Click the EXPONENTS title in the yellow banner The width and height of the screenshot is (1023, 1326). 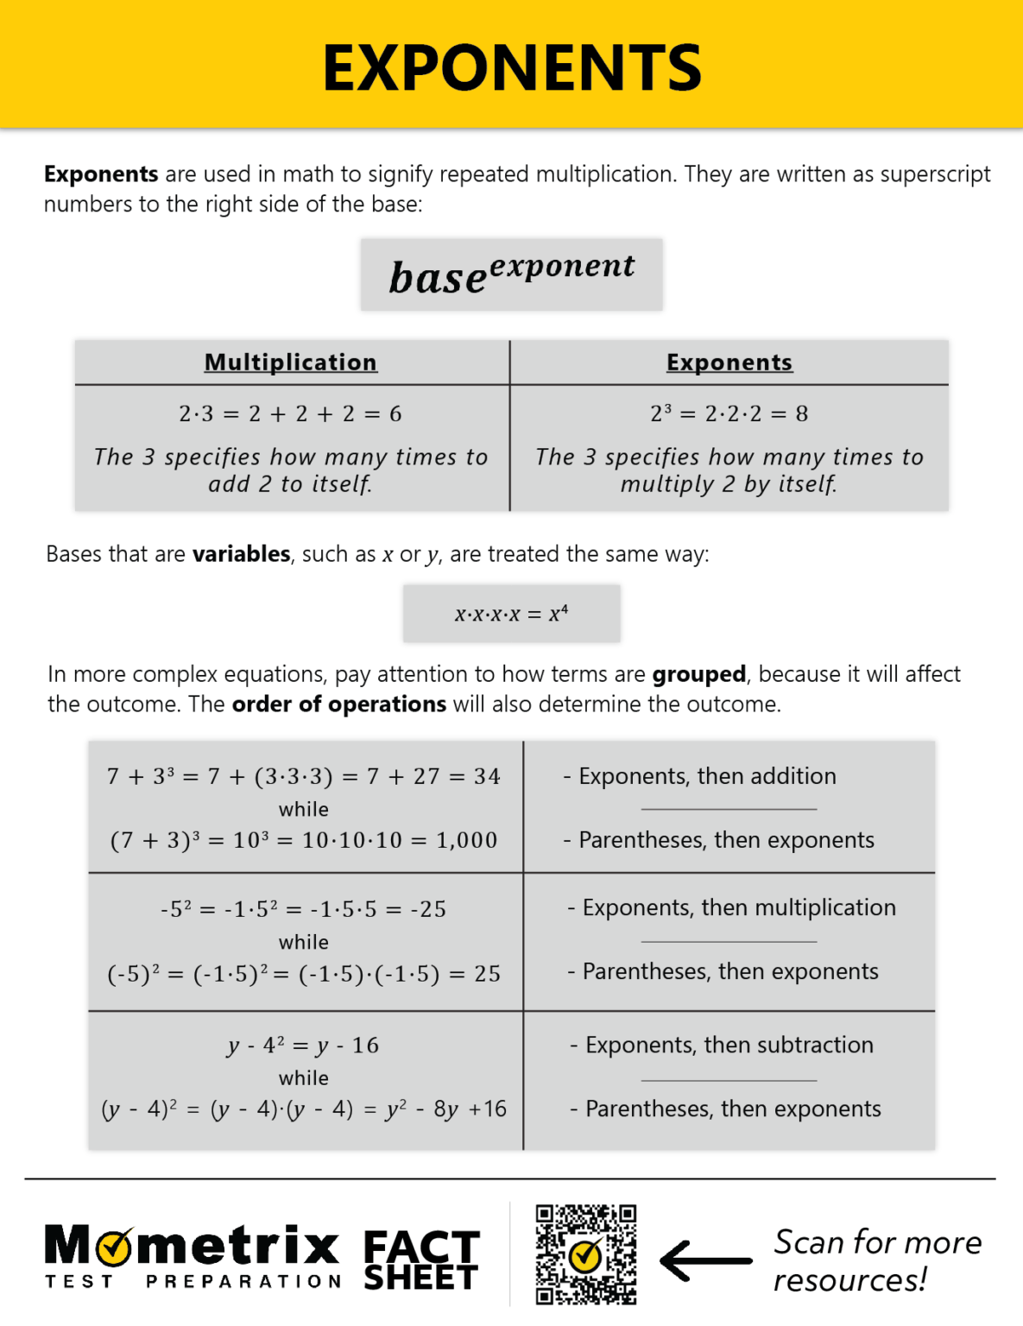(512, 68)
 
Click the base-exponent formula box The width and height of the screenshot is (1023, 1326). (512, 275)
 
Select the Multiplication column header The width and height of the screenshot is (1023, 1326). (291, 363)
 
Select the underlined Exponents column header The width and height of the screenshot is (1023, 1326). (729, 363)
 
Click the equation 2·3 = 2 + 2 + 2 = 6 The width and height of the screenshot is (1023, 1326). (291, 414)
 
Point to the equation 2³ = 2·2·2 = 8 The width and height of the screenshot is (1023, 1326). (729, 414)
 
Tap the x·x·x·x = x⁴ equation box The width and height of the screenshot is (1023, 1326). (511, 614)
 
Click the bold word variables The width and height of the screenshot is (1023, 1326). (241, 554)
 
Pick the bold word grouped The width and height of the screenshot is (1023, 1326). (698, 674)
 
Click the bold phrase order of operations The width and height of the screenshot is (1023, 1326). (339, 704)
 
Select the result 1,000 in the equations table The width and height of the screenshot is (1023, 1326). (467, 841)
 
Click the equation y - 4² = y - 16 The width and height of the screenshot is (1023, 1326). (303, 1046)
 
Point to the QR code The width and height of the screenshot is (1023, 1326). (586, 1254)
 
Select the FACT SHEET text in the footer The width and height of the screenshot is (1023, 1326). (421, 1260)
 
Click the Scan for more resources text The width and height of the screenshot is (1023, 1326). (876, 1260)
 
